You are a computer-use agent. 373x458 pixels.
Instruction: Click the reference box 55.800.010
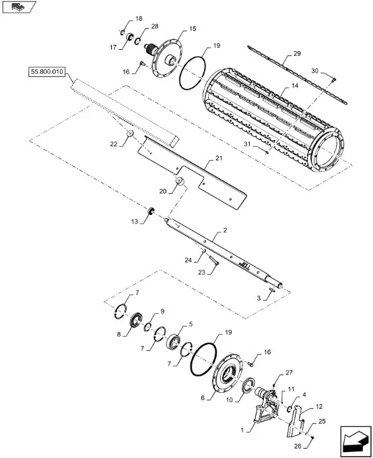(x=46, y=72)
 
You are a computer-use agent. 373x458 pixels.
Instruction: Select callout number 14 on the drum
(x=295, y=86)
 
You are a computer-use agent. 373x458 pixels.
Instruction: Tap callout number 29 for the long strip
(x=297, y=54)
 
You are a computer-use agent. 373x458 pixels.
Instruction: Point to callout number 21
(x=219, y=158)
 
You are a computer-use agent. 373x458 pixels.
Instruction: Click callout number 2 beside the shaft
(x=225, y=230)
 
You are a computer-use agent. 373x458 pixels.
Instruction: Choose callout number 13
(x=135, y=222)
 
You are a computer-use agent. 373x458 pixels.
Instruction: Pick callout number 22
(x=113, y=144)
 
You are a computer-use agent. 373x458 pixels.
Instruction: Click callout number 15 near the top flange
(x=193, y=29)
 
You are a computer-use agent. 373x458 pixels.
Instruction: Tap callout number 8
(x=118, y=334)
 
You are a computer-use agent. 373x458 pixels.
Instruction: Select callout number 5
(x=191, y=324)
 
